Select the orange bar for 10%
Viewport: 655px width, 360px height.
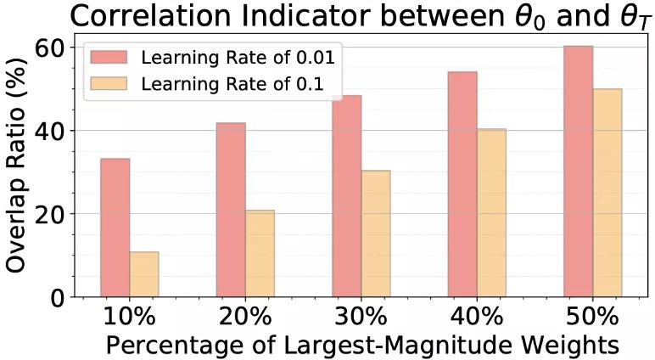[144, 274]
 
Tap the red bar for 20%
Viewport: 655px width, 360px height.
[231, 210]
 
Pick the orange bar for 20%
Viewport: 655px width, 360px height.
[260, 254]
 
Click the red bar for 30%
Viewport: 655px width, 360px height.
[346, 196]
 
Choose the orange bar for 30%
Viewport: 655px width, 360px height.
[376, 233]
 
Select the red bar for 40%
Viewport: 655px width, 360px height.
[462, 184]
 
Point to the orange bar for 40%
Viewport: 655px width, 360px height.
[491, 213]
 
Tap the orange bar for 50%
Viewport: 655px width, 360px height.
[607, 193]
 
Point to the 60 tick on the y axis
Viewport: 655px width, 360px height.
[49, 48]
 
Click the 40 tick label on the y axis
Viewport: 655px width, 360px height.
[49, 131]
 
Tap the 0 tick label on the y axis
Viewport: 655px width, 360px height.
[57, 297]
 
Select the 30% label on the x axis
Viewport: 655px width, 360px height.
[361, 317]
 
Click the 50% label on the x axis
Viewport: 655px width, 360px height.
[592, 317]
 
